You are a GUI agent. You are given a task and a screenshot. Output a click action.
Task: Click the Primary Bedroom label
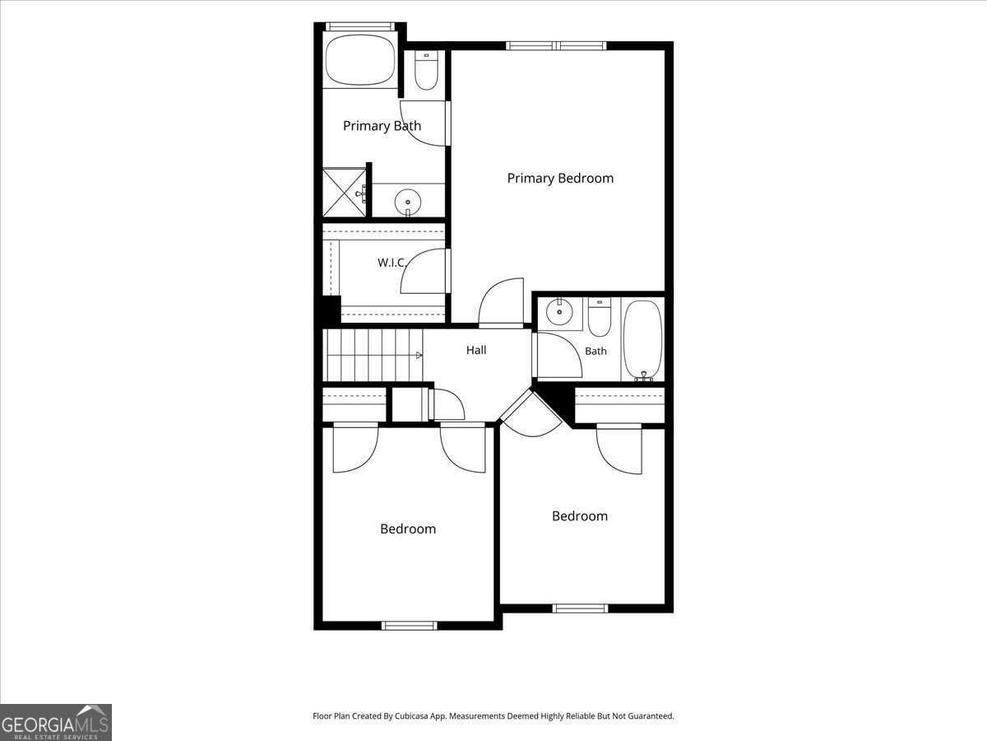tap(560, 178)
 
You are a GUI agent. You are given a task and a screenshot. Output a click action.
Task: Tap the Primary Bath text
tap(382, 125)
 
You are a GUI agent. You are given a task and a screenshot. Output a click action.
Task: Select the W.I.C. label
tap(392, 263)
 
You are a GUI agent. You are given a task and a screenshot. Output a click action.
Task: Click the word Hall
tap(475, 350)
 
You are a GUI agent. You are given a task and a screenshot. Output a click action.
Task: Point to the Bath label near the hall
tap(595, 351)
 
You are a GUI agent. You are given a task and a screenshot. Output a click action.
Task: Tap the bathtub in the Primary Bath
tap(359, 60)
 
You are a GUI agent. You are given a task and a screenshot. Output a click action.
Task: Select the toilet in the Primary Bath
tap(426, 71)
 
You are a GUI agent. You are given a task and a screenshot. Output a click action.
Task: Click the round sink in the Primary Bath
tap(408, 203)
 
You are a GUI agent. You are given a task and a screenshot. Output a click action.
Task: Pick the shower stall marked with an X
tap(345, 193)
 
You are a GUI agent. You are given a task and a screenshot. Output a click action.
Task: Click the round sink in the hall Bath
tap(559, 311)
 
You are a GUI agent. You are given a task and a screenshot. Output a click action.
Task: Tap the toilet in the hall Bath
tap(600, 317)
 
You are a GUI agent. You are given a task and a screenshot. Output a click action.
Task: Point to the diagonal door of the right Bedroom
tap(531, 413)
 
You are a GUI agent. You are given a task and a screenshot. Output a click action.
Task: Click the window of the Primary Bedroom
tap(556, 45)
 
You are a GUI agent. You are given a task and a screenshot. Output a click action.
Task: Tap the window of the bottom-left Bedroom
tap(409, 626)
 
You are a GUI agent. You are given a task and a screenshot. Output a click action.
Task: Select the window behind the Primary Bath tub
tap(359, 26)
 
